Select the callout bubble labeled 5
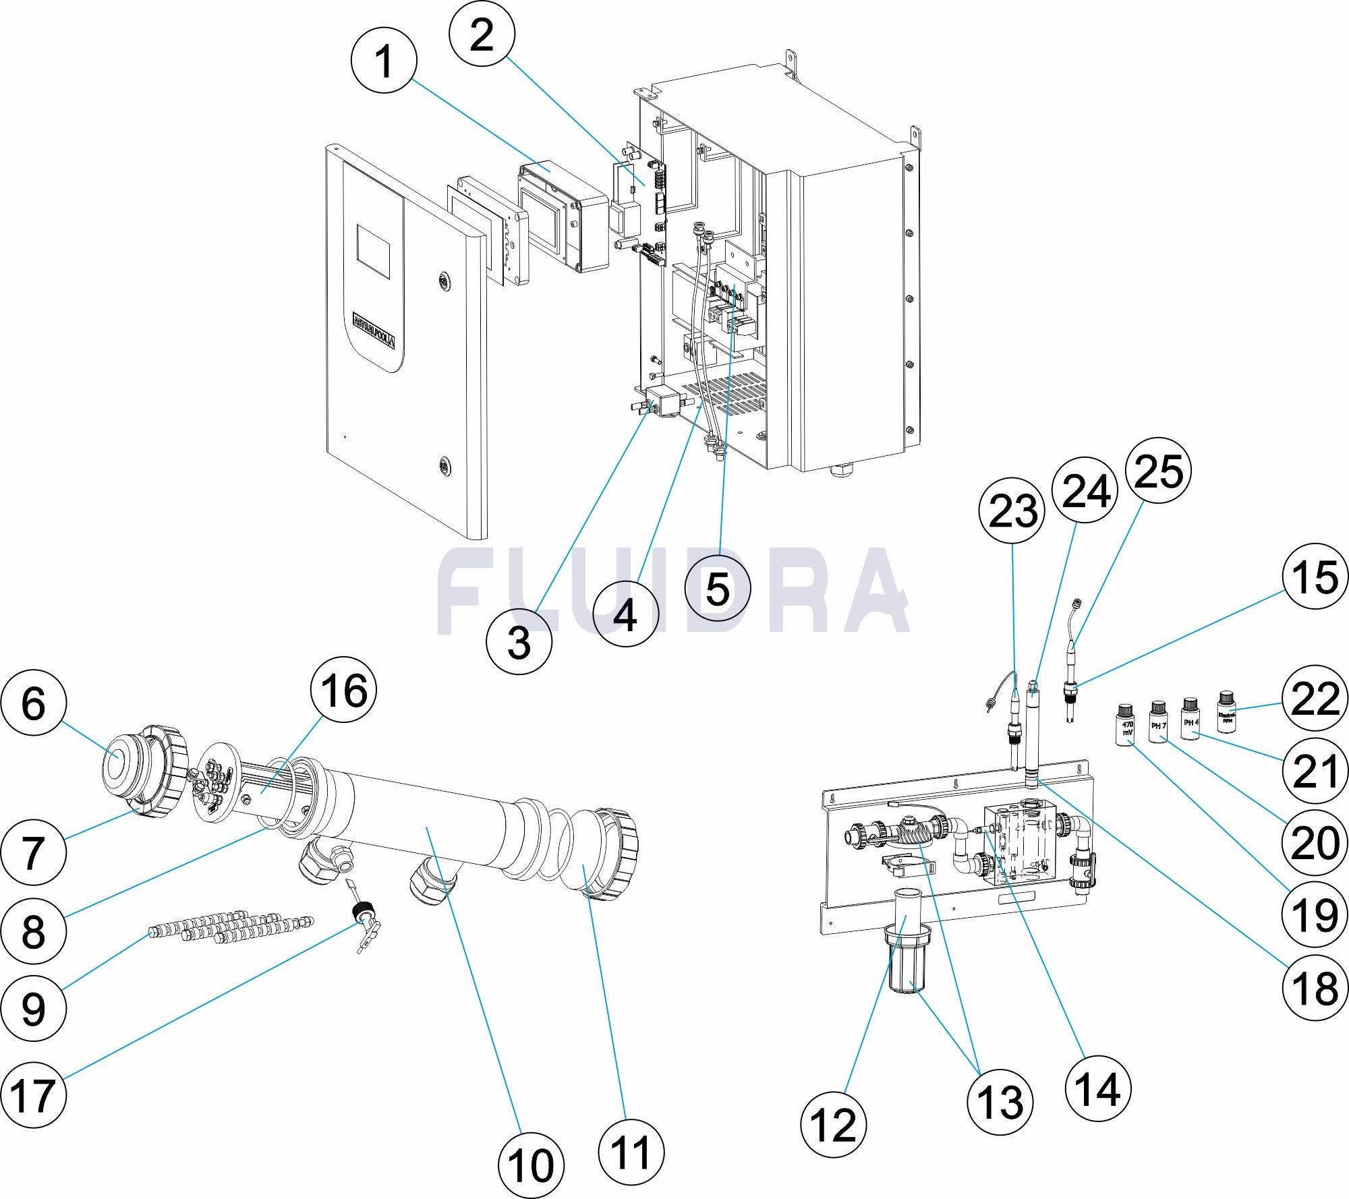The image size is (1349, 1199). pyautogui.click(x=717, y=589)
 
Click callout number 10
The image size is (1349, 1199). pyautogui.click(x=531, y=1165)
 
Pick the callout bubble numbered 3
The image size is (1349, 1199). pyautogui.click(x=519, y=642)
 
